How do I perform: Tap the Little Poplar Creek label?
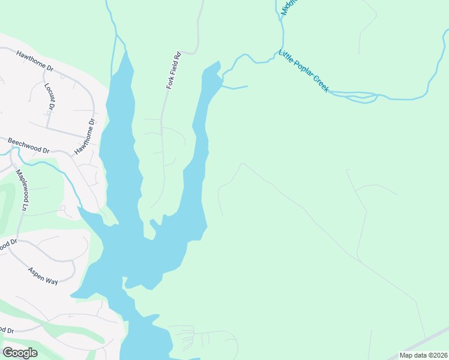coord(304,71)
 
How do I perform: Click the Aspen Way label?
coord(43,275)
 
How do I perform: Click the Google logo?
coord(20,353)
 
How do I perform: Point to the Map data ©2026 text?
coord(424,355)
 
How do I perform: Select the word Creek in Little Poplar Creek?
coord(321,84)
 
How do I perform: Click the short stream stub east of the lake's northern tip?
coord(235,88)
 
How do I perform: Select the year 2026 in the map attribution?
coord(439,355)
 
